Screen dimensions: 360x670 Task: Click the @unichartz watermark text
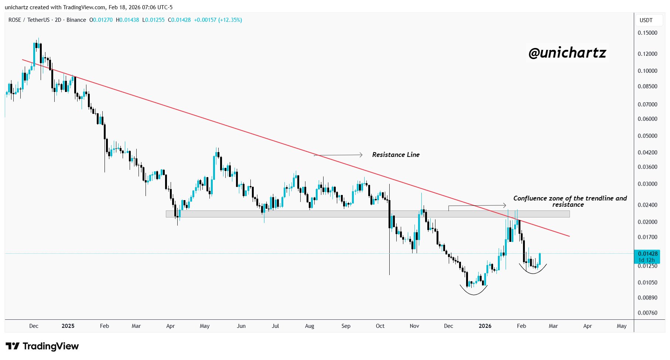coord(567,53)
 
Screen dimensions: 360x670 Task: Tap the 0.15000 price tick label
coord(647,33)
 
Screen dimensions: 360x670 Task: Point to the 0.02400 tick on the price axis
coord(647,205)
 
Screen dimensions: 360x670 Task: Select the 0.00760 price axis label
coord(647,313)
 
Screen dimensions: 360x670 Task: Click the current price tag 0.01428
coord(647,254)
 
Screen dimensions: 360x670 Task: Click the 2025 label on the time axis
coord(68,326)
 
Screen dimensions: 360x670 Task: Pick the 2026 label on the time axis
coord(485,326)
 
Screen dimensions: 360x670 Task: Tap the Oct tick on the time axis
coord(380,326)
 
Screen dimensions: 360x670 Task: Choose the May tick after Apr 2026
coord(622,326)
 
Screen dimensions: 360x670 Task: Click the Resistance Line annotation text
coord(396,155)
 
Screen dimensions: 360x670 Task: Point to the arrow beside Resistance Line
coord(338,155)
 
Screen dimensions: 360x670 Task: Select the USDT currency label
coord(646,20)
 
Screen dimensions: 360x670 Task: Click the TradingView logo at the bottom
coord(42,346)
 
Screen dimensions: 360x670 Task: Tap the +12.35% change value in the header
coord(230,20)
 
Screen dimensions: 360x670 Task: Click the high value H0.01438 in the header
coord(127,20)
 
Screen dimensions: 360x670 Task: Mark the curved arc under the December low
coord(474,293)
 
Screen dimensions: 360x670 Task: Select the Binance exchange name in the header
coord(76,20)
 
